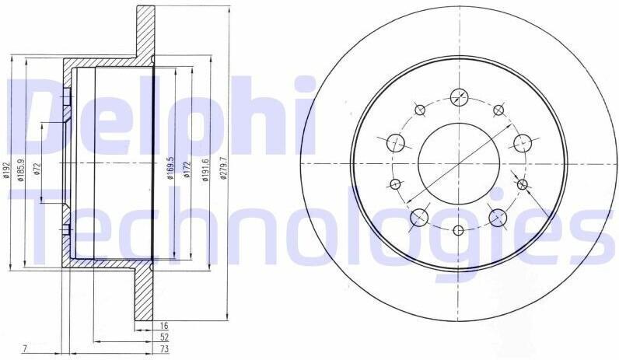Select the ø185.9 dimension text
click(22, 170)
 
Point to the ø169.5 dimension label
click(171, 168)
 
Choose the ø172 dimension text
click(187, 170)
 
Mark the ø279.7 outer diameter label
click(223, 169)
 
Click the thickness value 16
click(165, 326)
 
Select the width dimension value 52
click(165, 337)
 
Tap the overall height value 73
click(165, 349)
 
